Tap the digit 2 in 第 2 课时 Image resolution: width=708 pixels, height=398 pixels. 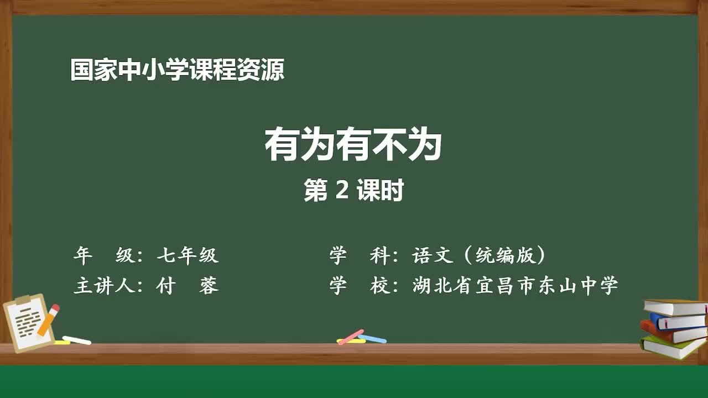click(x=342, y=191)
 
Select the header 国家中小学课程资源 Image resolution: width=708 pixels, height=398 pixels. click(x=177, y=71)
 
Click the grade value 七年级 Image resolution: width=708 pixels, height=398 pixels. click(x=188, y=255)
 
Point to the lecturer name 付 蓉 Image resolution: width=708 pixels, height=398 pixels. click(x=188, y=286)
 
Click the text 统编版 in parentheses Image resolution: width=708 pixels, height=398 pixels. click(x=502, y=255)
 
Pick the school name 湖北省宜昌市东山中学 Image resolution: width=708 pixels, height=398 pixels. click(x=515, y=286)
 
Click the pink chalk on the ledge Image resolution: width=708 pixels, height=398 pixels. click(x=351, y=336)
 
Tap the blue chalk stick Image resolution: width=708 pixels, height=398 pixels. click(x=372, y=338)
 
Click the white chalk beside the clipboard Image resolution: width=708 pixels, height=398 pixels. click(x=77, y=340)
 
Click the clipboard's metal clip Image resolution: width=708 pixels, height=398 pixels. click(x=23, y=300)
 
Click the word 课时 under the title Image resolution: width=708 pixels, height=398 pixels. click(x=380, y=191)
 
